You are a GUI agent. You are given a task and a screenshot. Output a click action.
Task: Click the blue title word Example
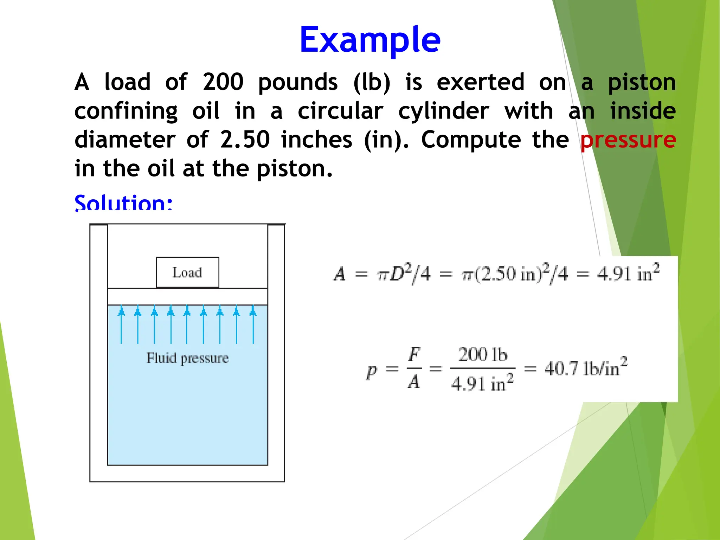click(369, 40)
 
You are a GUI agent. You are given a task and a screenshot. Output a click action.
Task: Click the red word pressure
click(628, 140)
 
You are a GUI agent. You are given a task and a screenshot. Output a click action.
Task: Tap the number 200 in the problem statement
click(223, 82)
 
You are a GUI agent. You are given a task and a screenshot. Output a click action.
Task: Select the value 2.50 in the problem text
click(245, 140)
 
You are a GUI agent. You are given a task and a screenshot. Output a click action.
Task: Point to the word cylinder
click(444, 111)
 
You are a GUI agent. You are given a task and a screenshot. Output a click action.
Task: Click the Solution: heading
click(123, 202)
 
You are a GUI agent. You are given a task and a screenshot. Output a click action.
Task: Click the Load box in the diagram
click(187, 272)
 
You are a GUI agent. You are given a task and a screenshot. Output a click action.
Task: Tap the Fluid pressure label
click(187, 358)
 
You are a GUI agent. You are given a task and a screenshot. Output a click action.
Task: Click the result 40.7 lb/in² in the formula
click(586, 367)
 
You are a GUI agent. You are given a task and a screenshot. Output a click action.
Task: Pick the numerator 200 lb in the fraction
click(483, 354)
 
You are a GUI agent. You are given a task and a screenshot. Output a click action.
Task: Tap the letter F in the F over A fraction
click(414, 354)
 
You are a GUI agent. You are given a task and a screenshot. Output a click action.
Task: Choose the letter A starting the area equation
click(339, 274)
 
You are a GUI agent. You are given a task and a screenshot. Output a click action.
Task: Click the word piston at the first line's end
click(642, 82)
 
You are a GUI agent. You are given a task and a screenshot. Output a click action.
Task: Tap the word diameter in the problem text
click(125, 140)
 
